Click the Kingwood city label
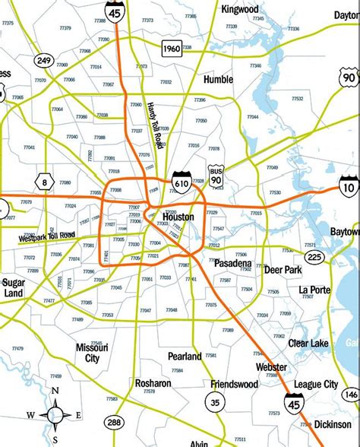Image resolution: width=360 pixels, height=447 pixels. pyautogui.click(x=240, y=9)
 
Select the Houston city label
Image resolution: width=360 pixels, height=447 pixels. pyautogui.click(x=178, y=217)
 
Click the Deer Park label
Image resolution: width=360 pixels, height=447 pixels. pyautogui.click(x=284, y=270)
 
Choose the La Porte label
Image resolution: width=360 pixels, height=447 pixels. pyautogui.click(x=313, y=290)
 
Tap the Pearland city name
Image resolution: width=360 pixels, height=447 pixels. pyautogui.click(x=185, y=356)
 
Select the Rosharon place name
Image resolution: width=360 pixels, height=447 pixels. pyautogui.click(x=153, y=383)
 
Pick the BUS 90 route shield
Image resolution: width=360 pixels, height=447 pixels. pyautogui.click(x=217, y=176)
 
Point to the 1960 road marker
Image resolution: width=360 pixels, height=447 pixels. pyautogui.click(x=172, y=49)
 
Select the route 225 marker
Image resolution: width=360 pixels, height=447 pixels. pyautogui.click(x=336, y=257)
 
